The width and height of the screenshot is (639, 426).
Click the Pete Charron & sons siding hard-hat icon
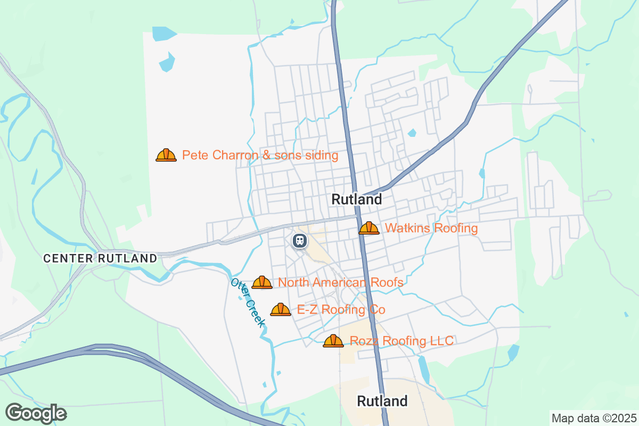(166, 155)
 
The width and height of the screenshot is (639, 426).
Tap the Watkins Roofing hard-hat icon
(369, 228)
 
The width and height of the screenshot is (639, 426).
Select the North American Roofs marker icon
(262, 282)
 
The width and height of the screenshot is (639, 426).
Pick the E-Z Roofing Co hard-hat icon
(281, 309)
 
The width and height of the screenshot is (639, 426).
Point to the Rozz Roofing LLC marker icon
(333, 341)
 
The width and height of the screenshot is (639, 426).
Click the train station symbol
(300, 241)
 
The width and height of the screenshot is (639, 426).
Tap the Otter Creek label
(248, 302)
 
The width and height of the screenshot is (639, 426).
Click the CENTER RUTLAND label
(100, 258)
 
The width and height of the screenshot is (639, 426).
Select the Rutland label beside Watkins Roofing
(357, 200)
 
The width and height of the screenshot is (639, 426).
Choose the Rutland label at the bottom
(382, 401)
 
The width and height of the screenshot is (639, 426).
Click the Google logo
(36, 413)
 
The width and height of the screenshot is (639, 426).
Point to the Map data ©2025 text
(593, 418)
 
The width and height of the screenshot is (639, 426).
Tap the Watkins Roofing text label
(431, 228)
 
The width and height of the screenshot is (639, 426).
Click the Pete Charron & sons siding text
(260, 155)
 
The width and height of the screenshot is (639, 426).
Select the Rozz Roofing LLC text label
(402, 341)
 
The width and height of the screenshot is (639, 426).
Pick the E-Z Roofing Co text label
(341, 309)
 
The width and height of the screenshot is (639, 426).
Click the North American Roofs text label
(341, 282)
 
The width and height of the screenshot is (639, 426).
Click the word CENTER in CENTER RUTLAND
(68, 258)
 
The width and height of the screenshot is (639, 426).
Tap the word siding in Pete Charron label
(321, 155)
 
